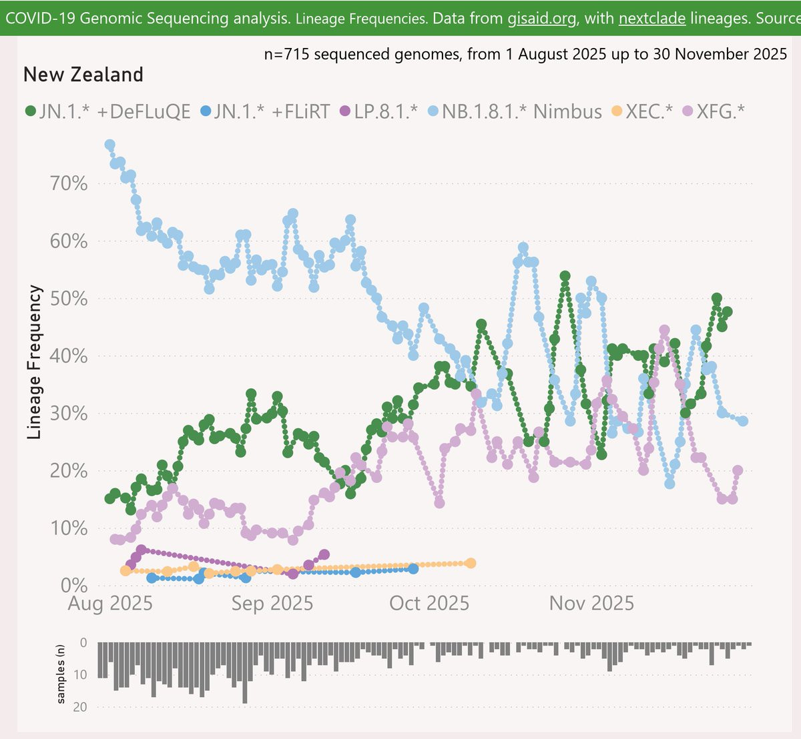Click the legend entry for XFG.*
(x=714, y=111)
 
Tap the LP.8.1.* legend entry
(x=378, y=111)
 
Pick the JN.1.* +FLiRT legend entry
(x=266, y=111)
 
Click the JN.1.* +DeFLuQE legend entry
(x=107, y=111)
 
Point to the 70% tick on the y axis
(x=69, y=184)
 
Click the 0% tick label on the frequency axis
(x=74, y=586)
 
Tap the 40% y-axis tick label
(x=69, y=356)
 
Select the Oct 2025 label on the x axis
(x=429, y=604)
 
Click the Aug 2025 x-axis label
(x=110, y=604)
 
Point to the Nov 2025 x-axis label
(x=591, y=604)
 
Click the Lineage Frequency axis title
(x=34, y=362)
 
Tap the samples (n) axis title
(x=61, y=674)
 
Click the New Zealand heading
(x=83, y=75)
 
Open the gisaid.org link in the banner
(x=541, y=19)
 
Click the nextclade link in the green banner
(x=652, y=19)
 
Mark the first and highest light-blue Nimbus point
(x=109, y=145)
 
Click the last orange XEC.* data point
(x=471, y=563)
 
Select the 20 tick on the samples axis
(x=80, y=707)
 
